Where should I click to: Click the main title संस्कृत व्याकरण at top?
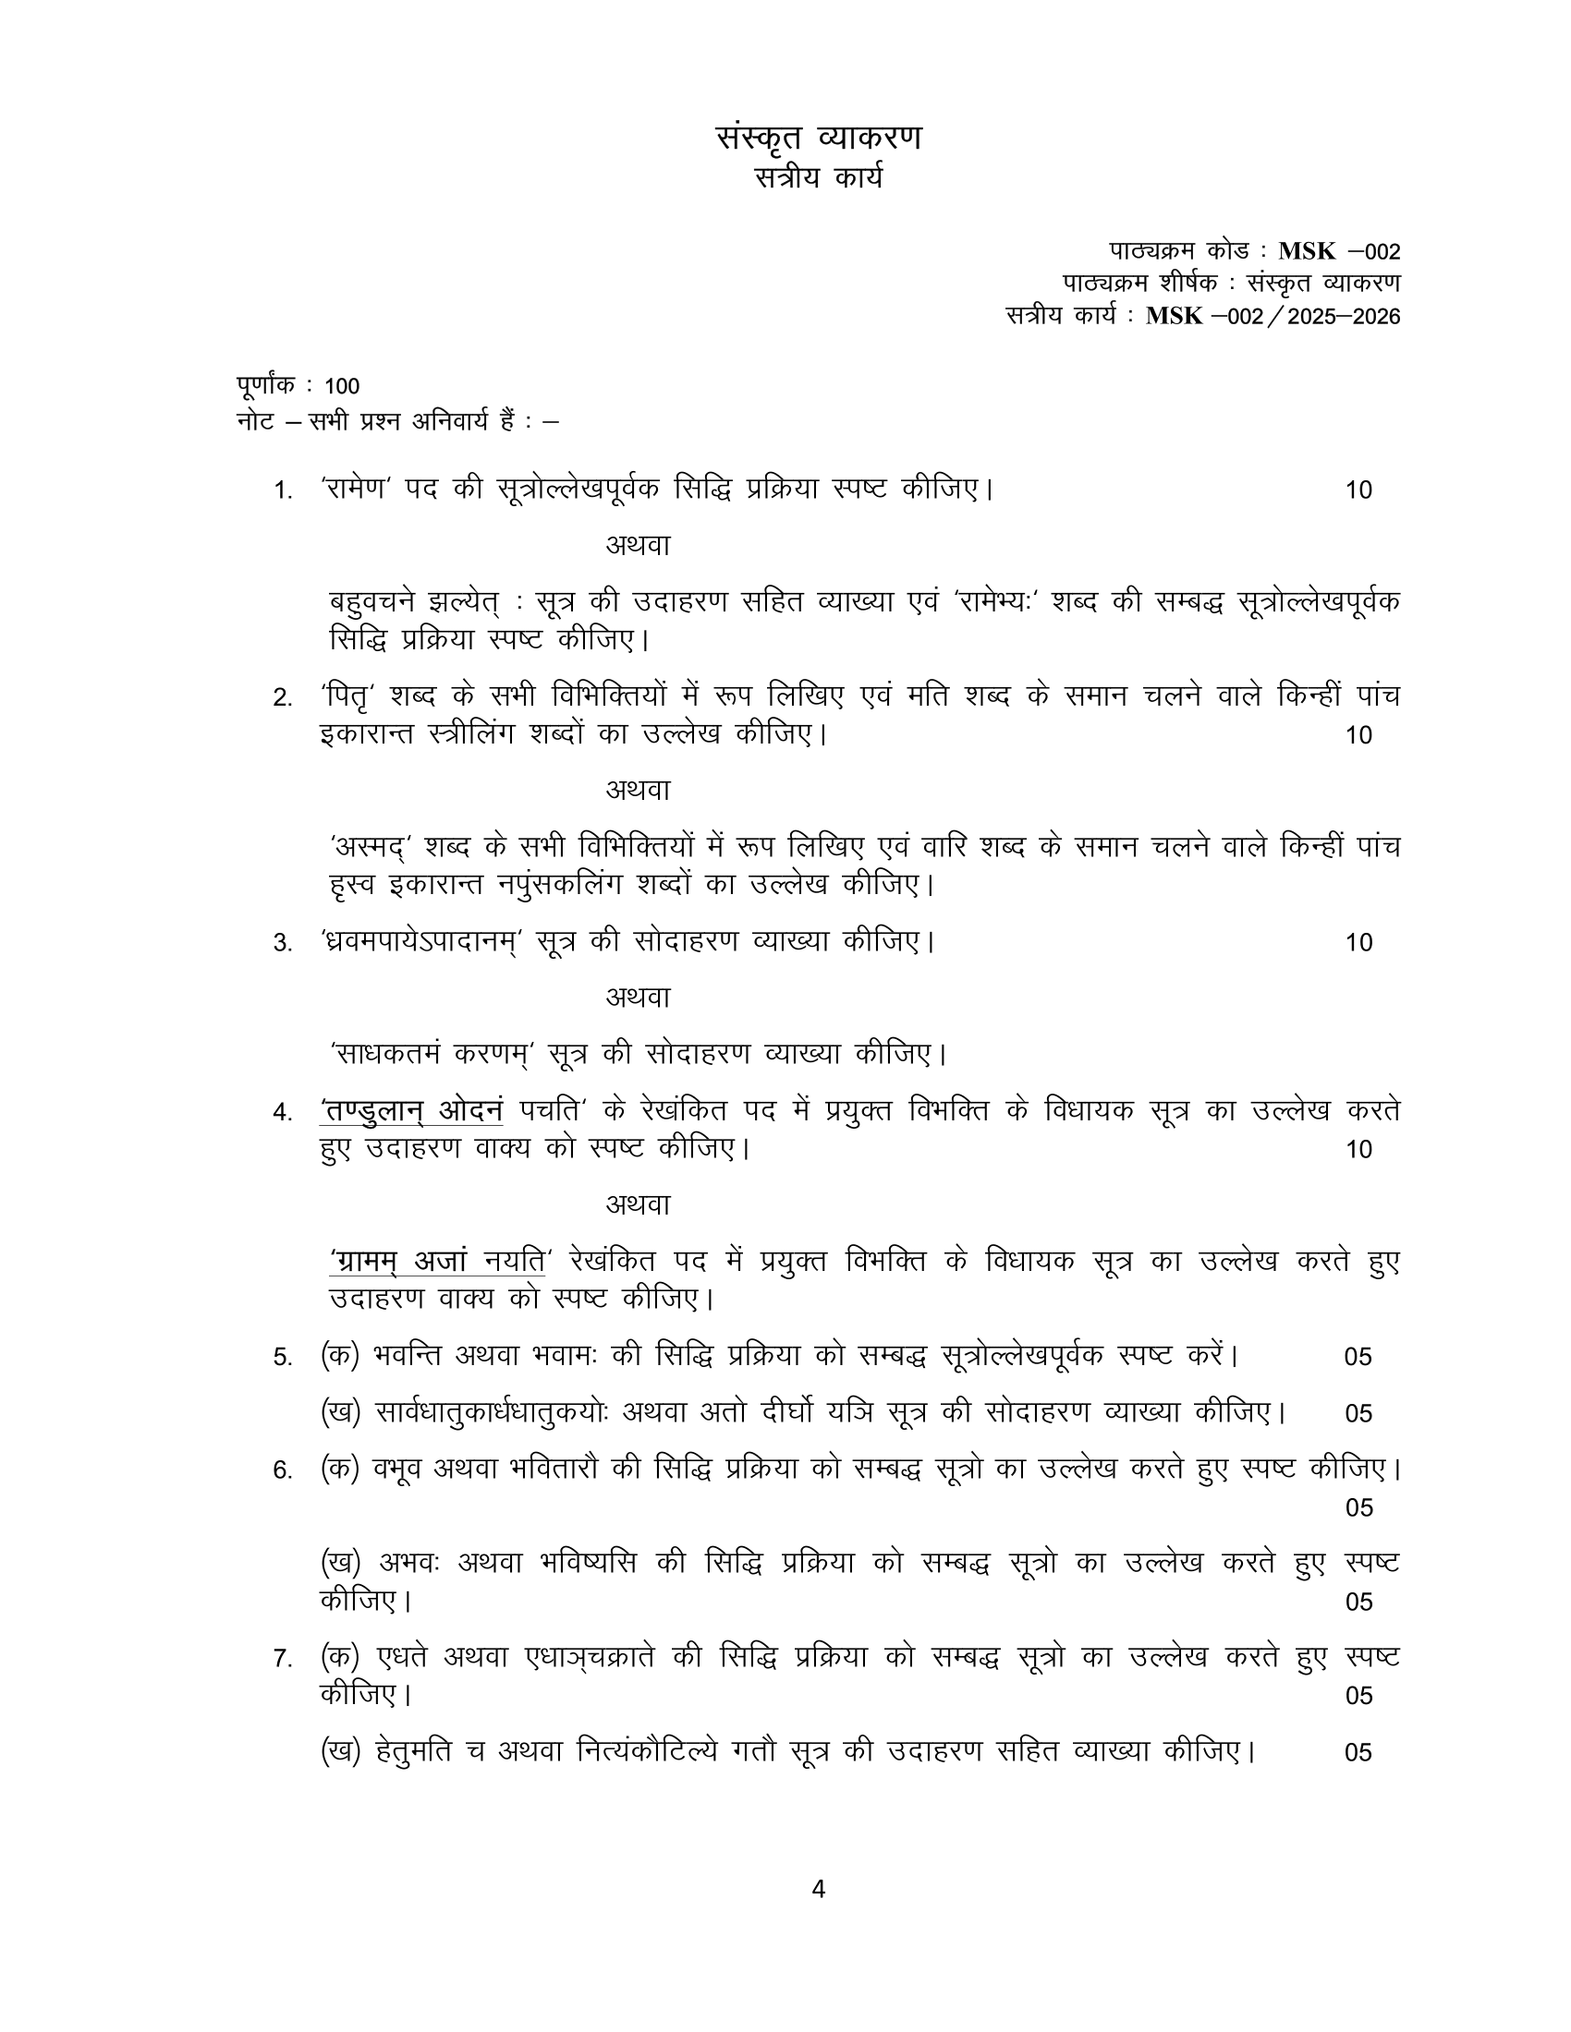pyautogui.click(x=818, y=138)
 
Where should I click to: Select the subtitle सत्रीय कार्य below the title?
pyautogui.click(x=818, y=176)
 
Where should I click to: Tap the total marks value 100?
pyautogui.click(x=342, y=386)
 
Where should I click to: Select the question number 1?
pyautogui.click(x=283, y=490)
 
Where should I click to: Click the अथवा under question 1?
pyautogui.click(x=638, y=545)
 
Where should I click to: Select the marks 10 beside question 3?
pyautogui.click(x=1358, y=942)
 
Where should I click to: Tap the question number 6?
pyautogui.click(x=283, y=1470)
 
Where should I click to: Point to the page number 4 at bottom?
pyautogui.click(x=818, y=1889)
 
